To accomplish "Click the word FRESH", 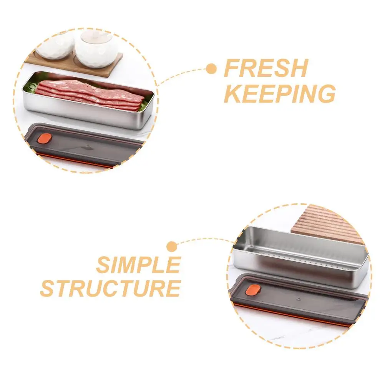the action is click(266, 68).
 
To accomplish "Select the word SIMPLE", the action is click(138, 265).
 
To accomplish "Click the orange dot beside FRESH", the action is click(211, 69).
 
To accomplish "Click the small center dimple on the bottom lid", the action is click(298, 299).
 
